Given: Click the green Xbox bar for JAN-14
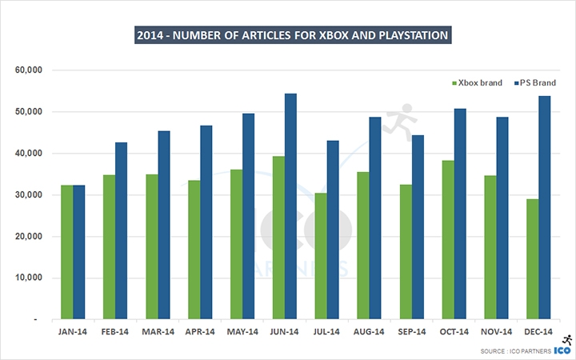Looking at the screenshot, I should click(x=67, y=253).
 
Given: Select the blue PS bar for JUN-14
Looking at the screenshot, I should click(x=291, y=206).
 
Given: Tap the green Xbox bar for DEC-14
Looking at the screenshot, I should click(x=533, y=259).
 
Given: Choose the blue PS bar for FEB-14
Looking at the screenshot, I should click(x=122, y=231).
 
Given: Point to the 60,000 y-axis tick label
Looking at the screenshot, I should click(x=28, y=70).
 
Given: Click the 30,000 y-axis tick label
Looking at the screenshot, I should click(x=28, y=195).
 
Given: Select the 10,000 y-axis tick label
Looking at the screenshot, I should click(x=28, y=278).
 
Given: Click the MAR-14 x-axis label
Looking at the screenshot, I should click(x=157, y=330).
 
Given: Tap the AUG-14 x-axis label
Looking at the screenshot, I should click(x=369, y=330).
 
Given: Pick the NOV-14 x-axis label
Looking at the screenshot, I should click(x=496, y=330).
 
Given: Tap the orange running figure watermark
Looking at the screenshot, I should click(x=398, y=120).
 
